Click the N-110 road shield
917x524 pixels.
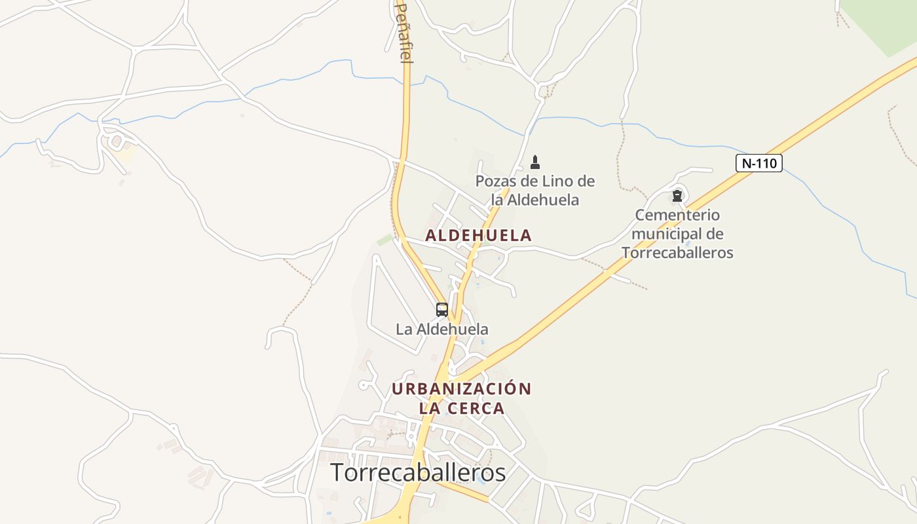(759, 163)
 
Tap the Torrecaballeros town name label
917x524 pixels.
(418, 472)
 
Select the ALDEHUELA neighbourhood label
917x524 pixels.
(478, 235)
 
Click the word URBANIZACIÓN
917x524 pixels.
(461, 388)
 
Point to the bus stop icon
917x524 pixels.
(442, 309)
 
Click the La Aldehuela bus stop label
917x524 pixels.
(442, 329)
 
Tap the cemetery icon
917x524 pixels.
(677, 195)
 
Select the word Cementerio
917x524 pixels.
(677, 215)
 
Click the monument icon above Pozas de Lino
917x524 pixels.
(535, 162)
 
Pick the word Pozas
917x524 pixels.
(497, 181)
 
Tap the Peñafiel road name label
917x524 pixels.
(404, 33)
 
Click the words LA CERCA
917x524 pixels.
(461, 408)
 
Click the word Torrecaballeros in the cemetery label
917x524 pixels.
(677, 253)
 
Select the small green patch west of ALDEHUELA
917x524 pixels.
(384, 240)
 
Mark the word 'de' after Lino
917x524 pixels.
(586, 181)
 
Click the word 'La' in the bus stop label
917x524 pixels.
(403, 329)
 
